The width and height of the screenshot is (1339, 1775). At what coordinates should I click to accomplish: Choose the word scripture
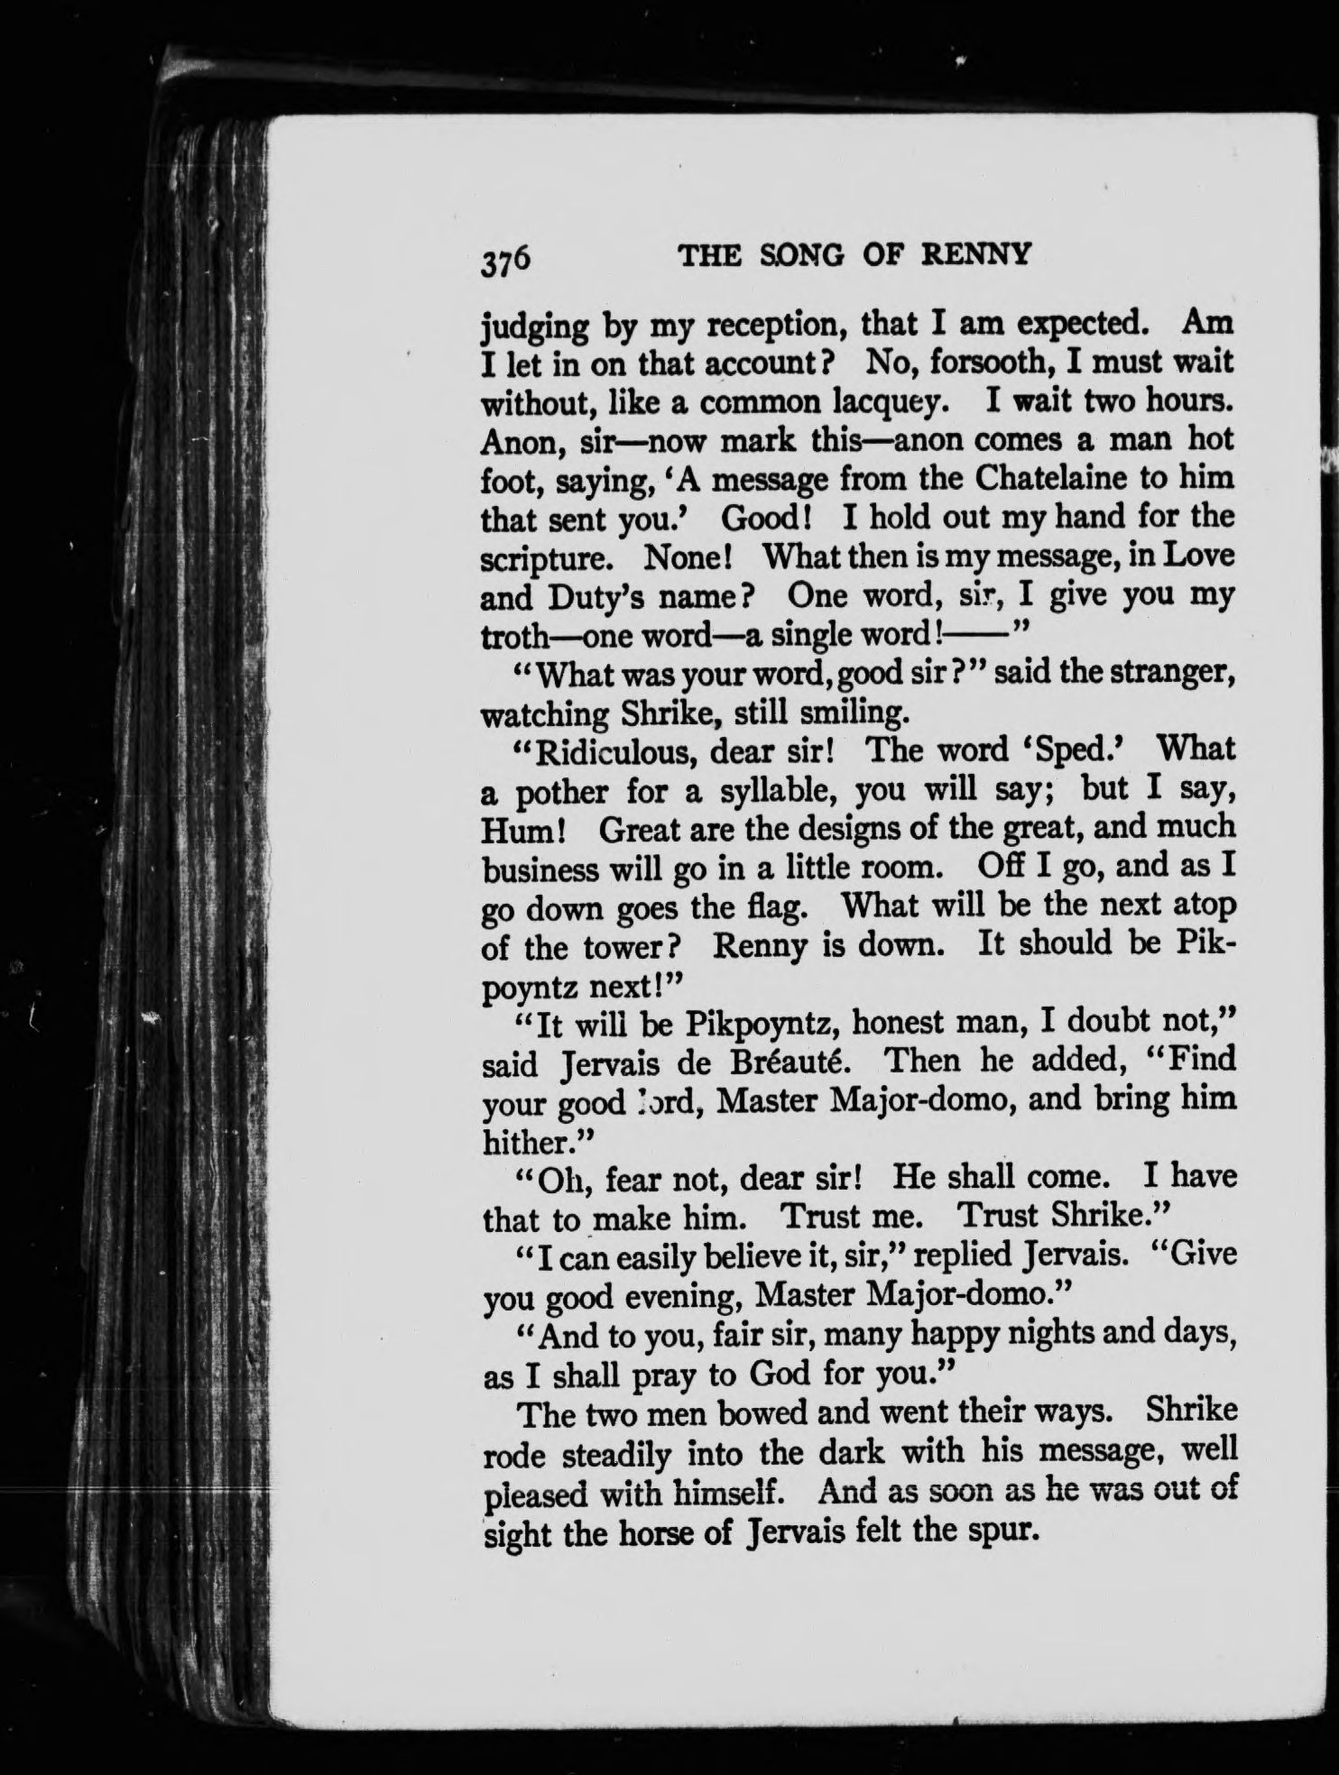pyautogui.click(x=546, y=558)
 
